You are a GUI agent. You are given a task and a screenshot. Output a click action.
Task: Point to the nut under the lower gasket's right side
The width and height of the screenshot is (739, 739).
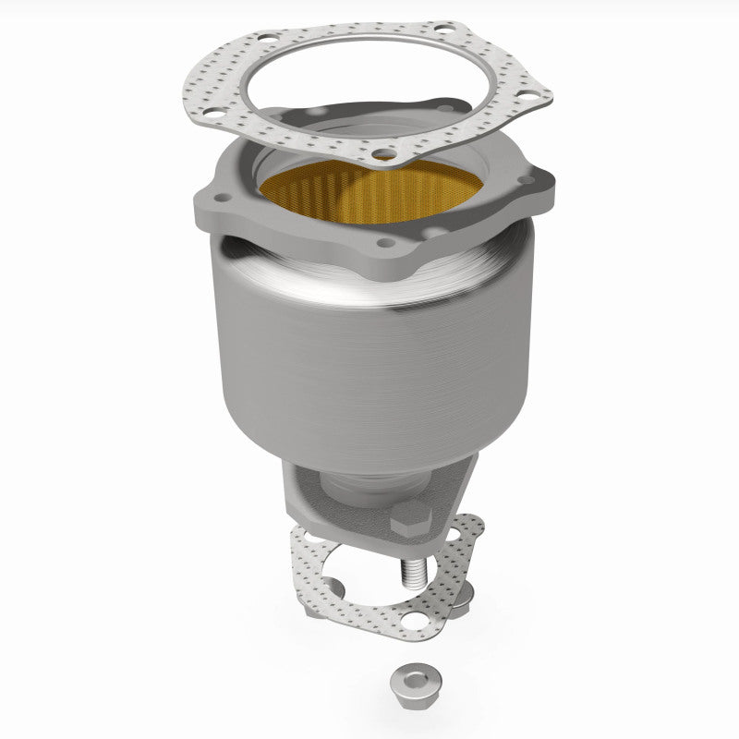(x=465, y=594)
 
